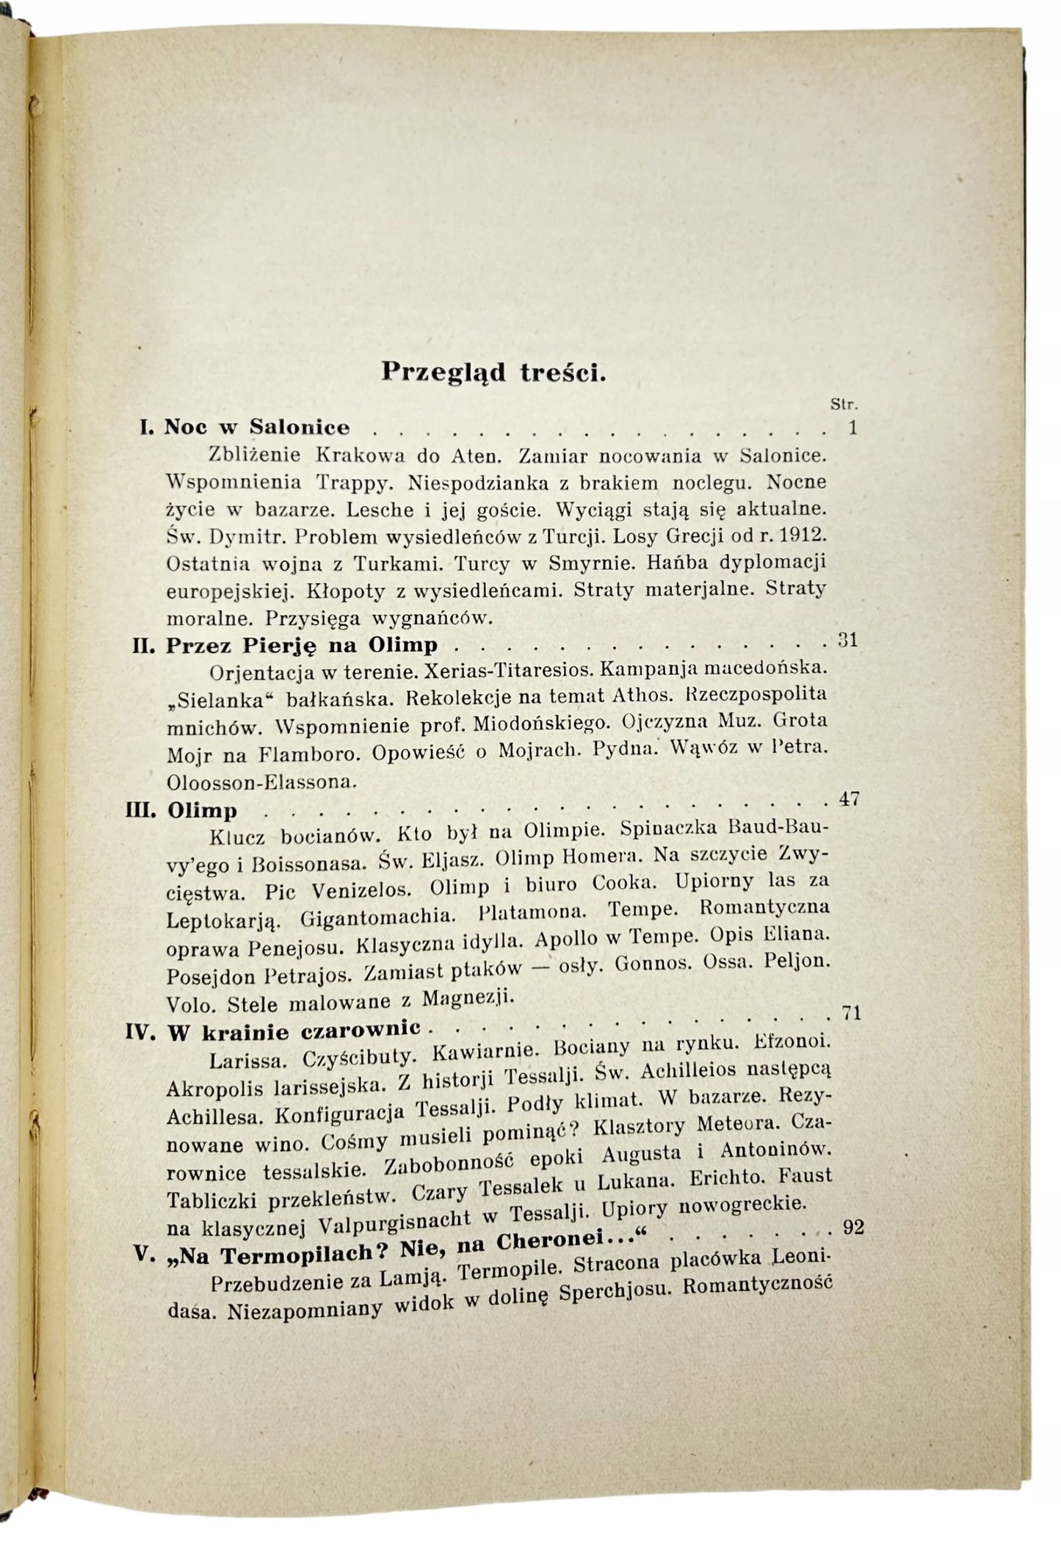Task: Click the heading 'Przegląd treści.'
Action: [x=493, y=372]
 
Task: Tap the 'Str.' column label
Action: [x=844, y=403]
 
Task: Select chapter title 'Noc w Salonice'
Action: [x=257, y=427]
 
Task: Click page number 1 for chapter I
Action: [x=852, y=427]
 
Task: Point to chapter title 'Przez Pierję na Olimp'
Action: [x=302, y=645]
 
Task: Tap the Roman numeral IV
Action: [x=140, y=1033]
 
